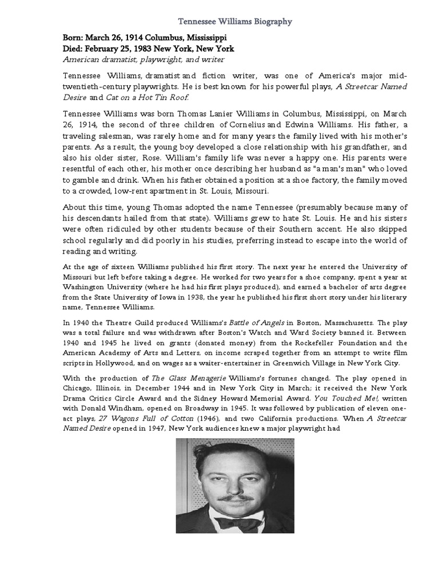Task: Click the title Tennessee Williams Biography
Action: (x=235, y=22)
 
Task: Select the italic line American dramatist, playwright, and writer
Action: (x=143, y=59)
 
